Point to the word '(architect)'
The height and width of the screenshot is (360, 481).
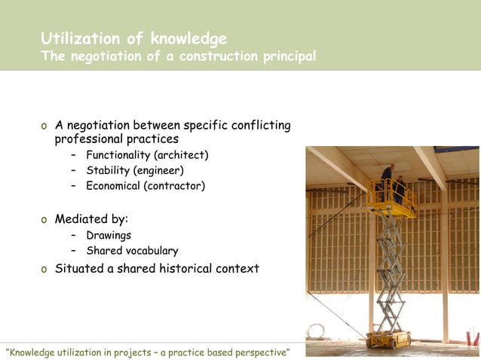(x=181, y=155)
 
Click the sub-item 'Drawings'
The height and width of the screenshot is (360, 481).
(x=108, y=235)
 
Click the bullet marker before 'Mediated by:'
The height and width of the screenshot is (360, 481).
(x=44, y=220)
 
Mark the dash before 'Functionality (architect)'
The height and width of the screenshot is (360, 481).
(x=73, y=155)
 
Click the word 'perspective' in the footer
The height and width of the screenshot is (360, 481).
(x=254, y=352)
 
